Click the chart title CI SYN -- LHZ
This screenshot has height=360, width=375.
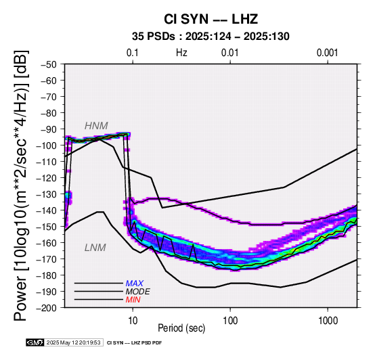point(211,19)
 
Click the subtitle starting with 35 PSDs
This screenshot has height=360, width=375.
point(211,37)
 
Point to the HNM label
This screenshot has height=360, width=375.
point(96,126)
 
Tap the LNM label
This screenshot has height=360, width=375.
point(95,248)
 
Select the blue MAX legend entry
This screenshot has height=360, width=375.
point(135,284)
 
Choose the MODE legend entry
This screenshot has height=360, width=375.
point(138,292)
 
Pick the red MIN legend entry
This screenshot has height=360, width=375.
point(133,300)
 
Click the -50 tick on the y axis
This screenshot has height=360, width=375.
point(49,64)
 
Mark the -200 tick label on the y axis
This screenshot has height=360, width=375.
point(47,308)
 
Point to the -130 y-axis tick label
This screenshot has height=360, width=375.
point(47,194)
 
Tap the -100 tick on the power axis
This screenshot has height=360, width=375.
point(47,145)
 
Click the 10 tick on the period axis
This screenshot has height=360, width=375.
point(133,321)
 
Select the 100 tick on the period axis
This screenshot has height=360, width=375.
point(230,321)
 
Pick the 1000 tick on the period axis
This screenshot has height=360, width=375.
point(328,321)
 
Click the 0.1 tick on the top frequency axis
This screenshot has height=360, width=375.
point(133,53)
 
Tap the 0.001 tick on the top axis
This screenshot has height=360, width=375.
point(328,53)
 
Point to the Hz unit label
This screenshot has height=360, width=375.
point(181,53)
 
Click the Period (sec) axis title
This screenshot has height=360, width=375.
point(181,328)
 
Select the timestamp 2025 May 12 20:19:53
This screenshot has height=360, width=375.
point(73,342)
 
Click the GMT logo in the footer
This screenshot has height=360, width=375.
point(35,342)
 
